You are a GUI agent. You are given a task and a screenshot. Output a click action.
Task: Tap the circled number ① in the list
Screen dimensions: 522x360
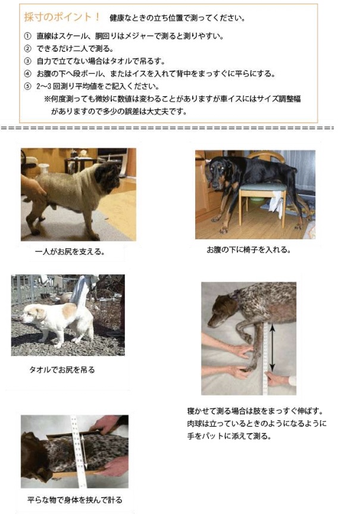27,36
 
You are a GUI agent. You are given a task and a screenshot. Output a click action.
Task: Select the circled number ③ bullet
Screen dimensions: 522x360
27,61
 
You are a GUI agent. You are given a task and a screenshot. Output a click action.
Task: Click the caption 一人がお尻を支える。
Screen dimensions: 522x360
70,252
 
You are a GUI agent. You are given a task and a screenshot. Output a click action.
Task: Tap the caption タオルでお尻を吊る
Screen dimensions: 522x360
62,370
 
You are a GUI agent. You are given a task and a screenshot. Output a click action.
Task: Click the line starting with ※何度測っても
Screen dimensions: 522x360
173,99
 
